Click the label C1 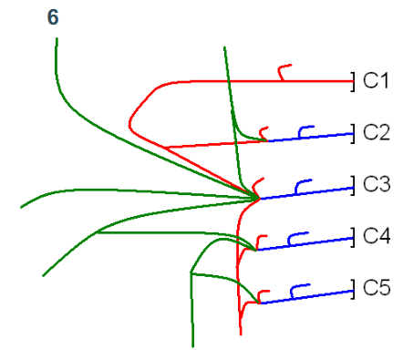377,80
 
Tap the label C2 377,132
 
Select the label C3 377,185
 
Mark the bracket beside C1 354,80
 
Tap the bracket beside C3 354,187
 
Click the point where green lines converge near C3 256,197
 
